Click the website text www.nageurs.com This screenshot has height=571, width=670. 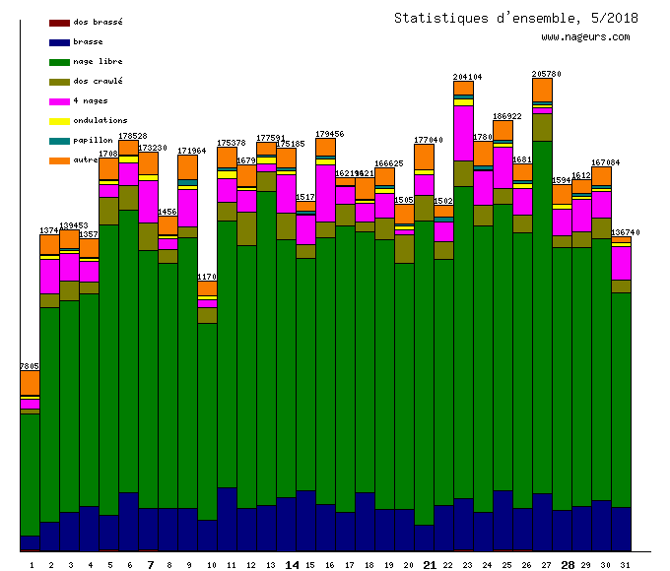coord(585,37)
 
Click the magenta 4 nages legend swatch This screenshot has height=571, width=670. coord(59,100)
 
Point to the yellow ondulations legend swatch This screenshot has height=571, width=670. coord(59,120)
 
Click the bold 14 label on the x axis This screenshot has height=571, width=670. coord(292,565)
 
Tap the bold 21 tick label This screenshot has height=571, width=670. coord(429,565)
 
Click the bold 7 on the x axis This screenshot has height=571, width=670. coord(150,565)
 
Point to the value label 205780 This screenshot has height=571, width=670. coord(546,74)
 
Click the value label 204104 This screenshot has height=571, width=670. coord(467,77)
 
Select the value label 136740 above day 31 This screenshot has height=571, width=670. coord(625,233)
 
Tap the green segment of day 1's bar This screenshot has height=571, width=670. coord(30,473)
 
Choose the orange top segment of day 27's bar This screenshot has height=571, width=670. coord(542,89)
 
